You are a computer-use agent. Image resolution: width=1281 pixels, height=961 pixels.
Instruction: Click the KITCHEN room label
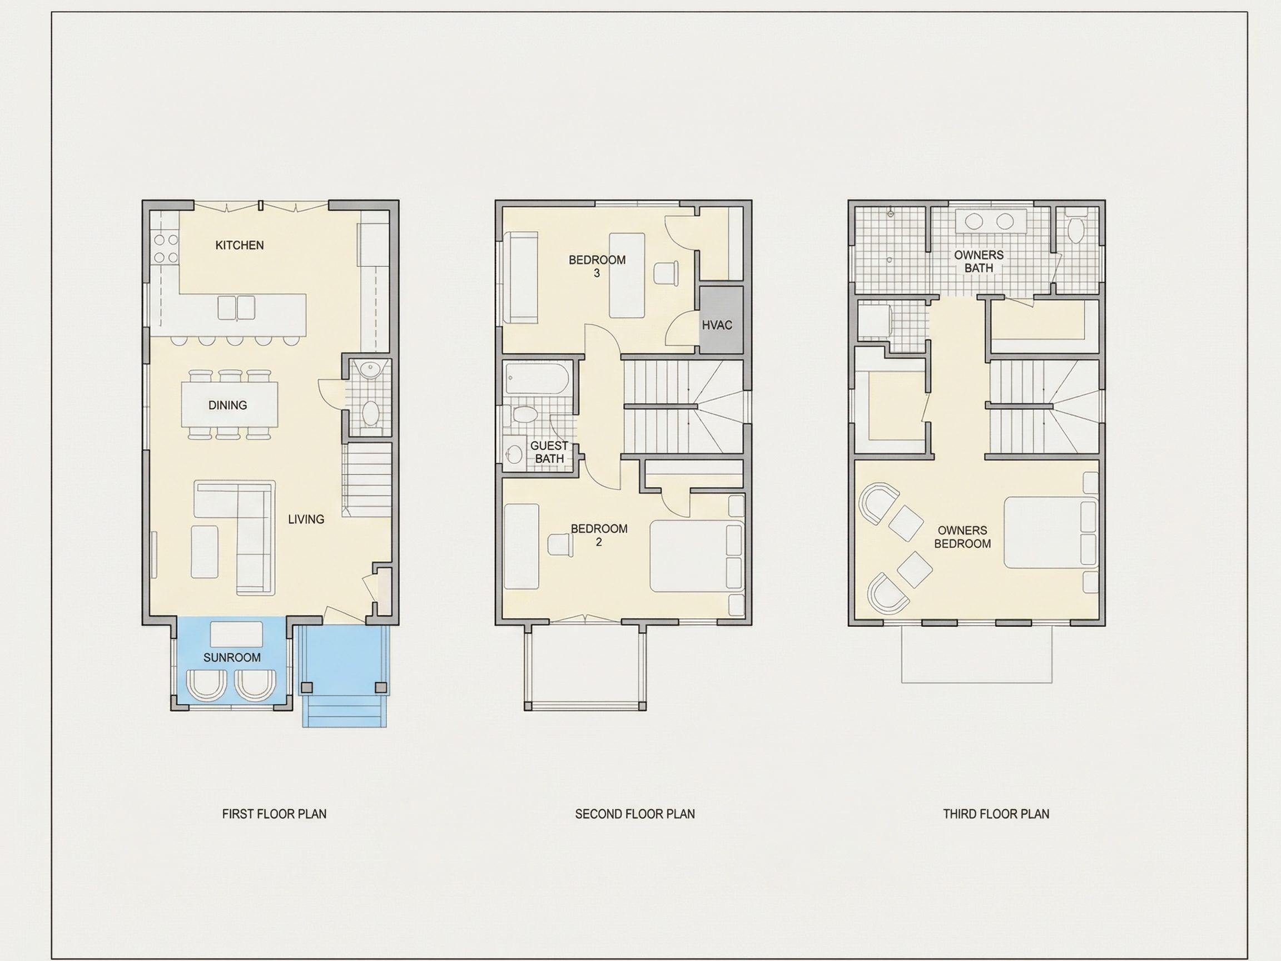[239, 245]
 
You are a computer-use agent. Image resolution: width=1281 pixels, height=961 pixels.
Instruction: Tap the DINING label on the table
[227, 405]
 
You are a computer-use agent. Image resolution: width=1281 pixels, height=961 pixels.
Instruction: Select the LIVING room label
[306, 519]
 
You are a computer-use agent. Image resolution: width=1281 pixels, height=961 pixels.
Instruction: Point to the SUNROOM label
[232, 657]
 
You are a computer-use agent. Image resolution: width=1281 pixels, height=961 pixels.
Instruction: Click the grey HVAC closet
[721, 320]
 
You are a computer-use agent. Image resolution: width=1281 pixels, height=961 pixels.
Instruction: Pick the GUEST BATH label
[549, 452]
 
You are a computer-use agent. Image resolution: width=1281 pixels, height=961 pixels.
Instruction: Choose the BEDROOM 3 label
[597, 266]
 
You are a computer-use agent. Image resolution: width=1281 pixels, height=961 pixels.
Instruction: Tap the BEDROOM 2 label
[599, 535]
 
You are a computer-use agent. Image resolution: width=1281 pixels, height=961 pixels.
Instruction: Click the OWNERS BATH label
[979, 261]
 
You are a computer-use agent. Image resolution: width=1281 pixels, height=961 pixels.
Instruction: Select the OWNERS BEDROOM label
[962, 537]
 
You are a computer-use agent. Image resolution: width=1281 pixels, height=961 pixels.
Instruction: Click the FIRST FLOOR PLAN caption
[274, 814]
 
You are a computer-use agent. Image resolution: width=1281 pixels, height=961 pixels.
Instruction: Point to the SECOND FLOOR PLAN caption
[635, 814]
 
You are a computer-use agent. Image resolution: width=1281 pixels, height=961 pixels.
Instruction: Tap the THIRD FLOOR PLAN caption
[996, 814]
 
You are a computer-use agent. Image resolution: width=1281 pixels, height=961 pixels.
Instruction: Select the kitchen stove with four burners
[166, 248]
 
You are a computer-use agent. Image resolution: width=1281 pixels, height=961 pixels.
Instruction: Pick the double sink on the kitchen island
[236, 308]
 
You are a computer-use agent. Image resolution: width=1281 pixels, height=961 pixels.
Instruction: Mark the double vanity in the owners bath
[990, 221]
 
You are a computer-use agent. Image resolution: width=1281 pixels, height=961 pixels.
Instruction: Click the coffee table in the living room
[205, 552]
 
